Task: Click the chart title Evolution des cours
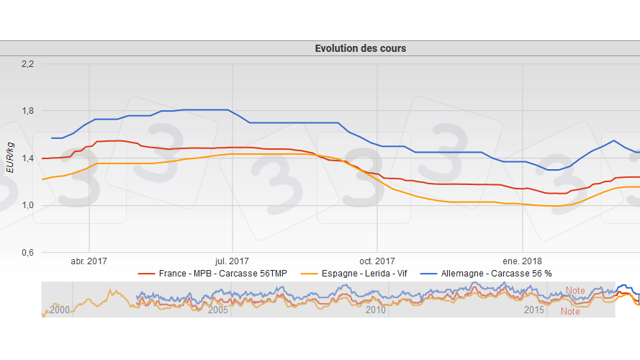pos(360,48)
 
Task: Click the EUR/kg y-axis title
pos(9,158)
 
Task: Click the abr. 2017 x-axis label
pos(89,261)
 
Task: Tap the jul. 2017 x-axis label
pos(232,261)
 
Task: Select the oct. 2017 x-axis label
pos(377,261)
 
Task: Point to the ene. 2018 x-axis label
pos(523,261)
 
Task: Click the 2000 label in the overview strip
pos(60,310)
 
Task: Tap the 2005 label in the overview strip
pos(219,310)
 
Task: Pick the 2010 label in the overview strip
pos(376,310)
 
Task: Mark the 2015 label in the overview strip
pos(534,310)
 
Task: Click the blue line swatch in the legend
pos(429,274)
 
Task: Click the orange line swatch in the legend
pos(310,274)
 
